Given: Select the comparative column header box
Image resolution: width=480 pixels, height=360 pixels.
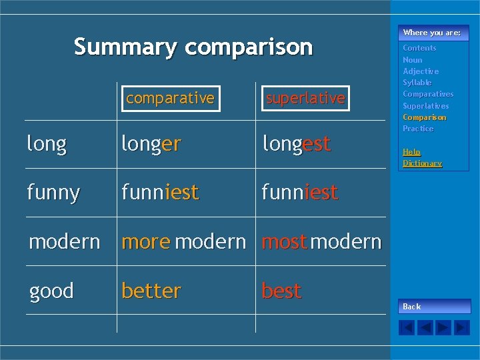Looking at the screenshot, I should click(170, 99).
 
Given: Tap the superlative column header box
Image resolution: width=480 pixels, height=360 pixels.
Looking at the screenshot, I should click(305, 99).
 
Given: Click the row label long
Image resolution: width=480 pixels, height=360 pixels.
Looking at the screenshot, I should click(47, 144).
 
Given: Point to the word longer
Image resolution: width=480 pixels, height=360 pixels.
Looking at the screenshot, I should click(151, 144).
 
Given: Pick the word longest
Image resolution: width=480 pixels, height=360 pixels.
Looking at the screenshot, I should click(297, 144).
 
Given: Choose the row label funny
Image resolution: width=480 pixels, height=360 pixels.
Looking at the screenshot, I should click(53, 193).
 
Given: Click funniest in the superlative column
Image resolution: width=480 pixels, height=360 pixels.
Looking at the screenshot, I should click(300, 193).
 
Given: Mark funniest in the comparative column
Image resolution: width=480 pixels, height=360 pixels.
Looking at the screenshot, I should click(160, 193).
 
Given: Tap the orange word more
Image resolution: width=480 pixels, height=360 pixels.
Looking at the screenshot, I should click(146, 241).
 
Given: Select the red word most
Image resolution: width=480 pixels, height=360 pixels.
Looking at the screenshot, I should click(285, 241).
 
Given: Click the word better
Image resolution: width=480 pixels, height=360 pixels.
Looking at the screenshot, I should click(151, 291).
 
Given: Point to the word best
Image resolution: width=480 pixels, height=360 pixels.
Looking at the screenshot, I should click(282, 291).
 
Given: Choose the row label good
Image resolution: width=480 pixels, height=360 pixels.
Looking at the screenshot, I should click(51, 291).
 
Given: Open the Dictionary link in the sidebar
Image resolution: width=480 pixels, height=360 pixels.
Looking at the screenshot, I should click(422, 163).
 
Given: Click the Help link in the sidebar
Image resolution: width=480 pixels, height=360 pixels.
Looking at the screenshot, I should click(411, 152).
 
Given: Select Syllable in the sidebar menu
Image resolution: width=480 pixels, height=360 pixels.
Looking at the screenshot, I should click(417, 83).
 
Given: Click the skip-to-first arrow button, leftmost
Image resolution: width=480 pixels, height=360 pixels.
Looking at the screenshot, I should click(407, 327).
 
